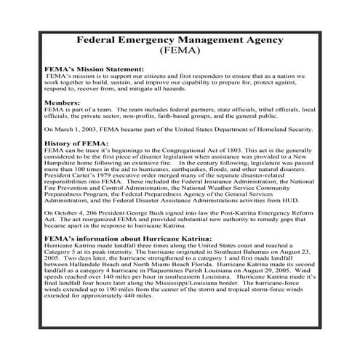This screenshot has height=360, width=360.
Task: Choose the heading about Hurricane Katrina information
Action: point(128,238)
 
